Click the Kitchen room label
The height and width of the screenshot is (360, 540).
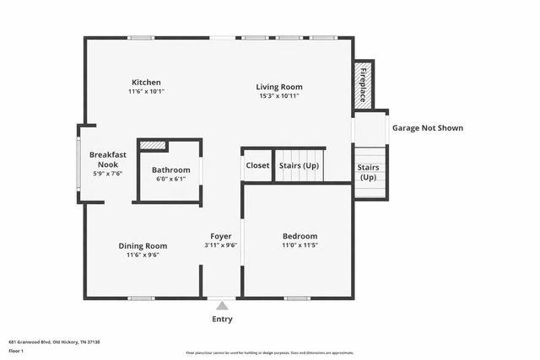(145, 82)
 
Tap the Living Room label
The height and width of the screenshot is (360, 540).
(280, 87)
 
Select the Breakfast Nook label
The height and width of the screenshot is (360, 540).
(108, 159)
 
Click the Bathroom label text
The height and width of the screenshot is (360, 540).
(170, 169)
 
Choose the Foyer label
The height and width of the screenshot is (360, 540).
(221, 236)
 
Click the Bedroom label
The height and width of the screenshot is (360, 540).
(300, 236)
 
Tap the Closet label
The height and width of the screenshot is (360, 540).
(257, 165)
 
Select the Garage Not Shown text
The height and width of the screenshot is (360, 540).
(427, 128)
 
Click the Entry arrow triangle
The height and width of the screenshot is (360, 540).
(222, 305)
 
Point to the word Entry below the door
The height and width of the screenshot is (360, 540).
(222, 320)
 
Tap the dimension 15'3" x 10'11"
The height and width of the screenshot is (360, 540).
(280, 96)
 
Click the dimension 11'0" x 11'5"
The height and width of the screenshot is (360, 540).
(300, 245)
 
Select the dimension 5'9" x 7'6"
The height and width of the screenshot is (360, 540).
(108, 174)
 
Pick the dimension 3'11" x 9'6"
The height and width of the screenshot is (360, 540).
(221, 245)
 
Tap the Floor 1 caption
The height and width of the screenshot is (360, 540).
(16, 350)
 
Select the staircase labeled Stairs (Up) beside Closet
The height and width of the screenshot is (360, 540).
(300, 165)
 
